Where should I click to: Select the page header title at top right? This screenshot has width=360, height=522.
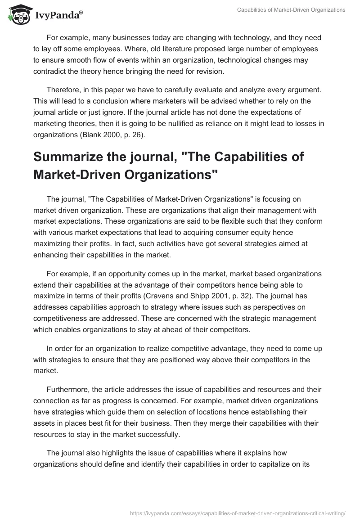pos(292,10)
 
